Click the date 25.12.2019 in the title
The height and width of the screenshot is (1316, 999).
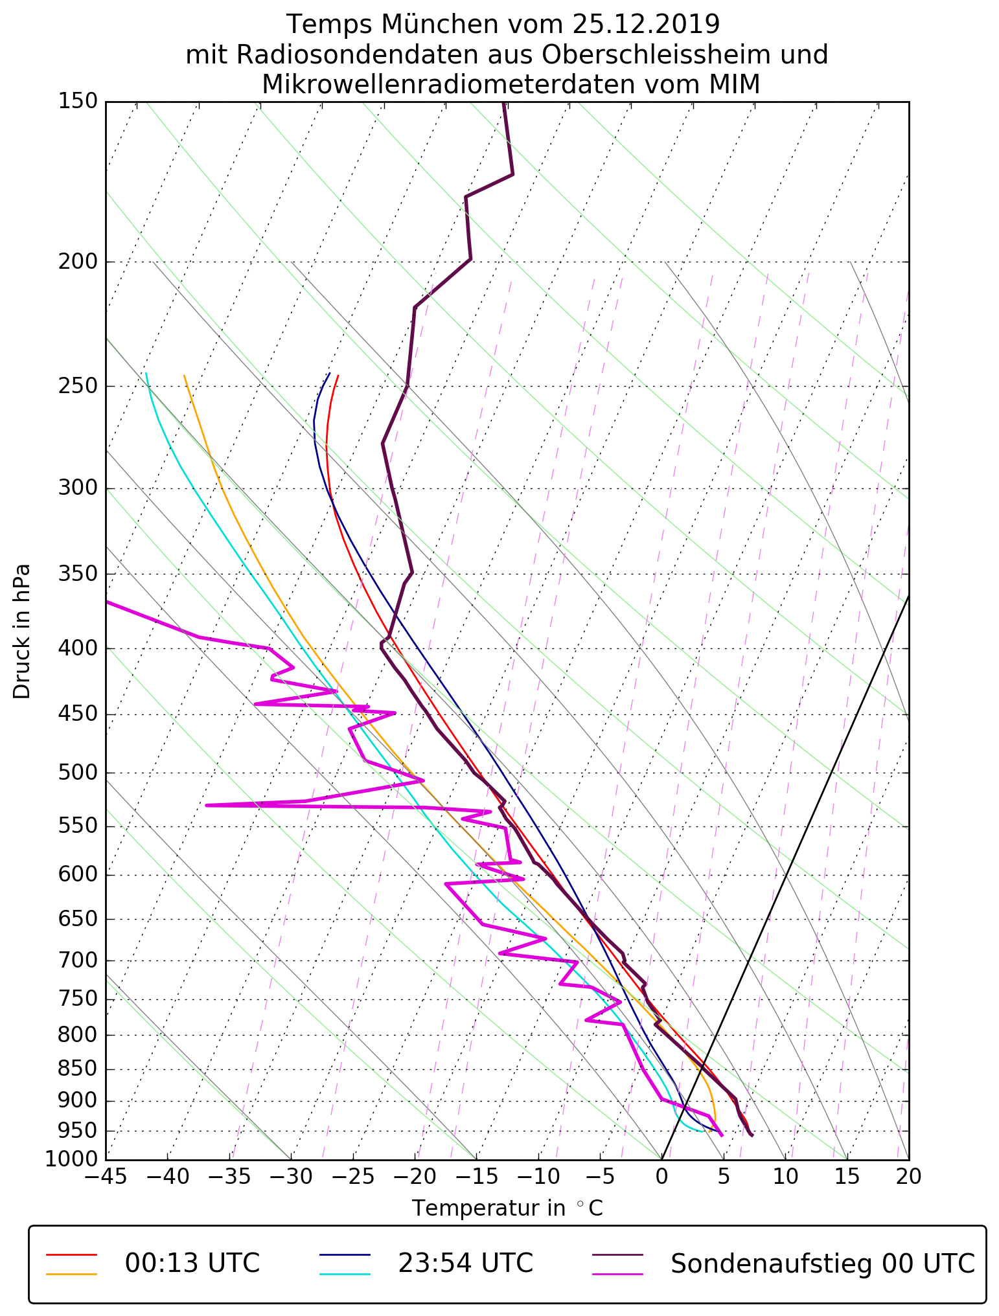click(x=646, y=25)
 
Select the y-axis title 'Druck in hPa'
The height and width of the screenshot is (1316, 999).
click(x=22, y=631)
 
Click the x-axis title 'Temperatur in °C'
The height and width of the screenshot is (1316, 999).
click(x=507, y=1208)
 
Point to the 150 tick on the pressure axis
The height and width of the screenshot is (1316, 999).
click(x=77, y=101)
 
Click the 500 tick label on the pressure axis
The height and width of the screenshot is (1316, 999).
click(x=77, y=773)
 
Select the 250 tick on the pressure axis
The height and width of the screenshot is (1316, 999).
click(x=77, y=386)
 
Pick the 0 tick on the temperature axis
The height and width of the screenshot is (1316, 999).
click(x=661, y=1176)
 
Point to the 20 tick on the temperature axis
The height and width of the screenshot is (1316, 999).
click(x=908, y=1176)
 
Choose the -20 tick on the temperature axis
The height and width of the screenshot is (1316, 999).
click(x=414, y=1176)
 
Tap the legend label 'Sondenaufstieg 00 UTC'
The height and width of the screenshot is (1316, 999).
click(x=822, y=1263)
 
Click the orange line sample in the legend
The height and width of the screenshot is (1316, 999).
click(x=71, y=1274)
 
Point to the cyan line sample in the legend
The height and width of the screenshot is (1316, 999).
click(x=345, y=1274)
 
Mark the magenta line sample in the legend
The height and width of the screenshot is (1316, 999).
click(x=618, y=1274)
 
